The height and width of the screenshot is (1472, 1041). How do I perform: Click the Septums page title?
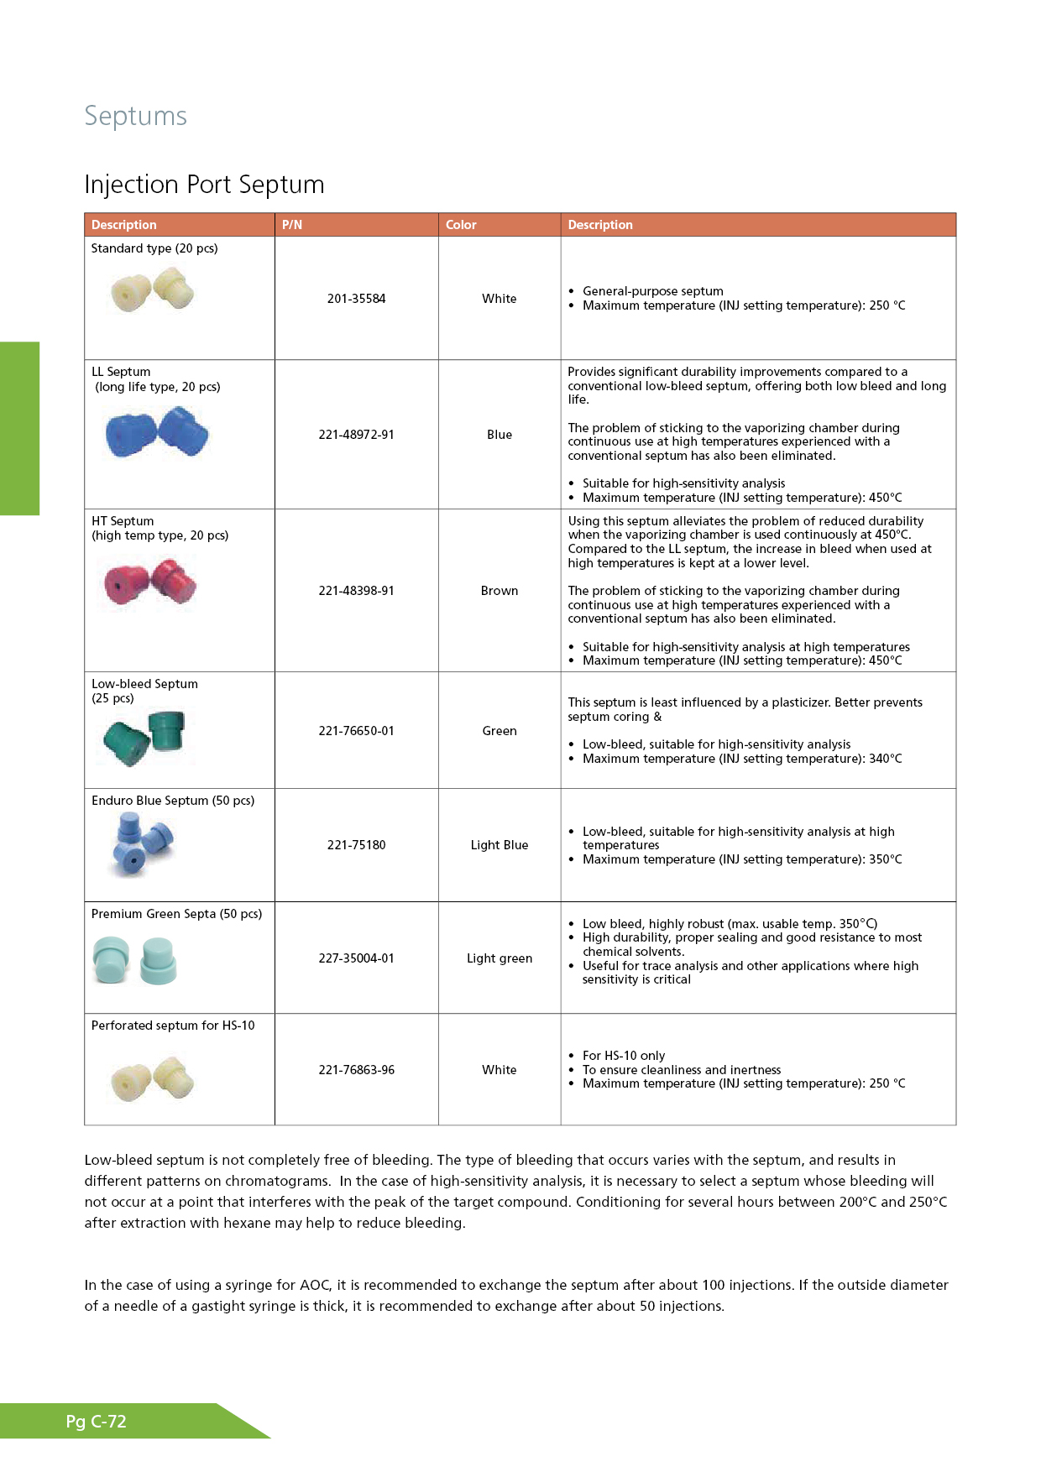135,116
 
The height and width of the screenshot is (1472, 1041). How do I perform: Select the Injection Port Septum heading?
204,185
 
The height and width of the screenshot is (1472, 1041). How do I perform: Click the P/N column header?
292,225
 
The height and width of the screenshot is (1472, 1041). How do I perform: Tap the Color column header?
461,225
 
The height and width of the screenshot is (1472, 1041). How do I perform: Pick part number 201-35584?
356,299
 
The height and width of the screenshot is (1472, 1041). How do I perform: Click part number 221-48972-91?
356,435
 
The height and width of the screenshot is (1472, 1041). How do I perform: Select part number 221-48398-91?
356,591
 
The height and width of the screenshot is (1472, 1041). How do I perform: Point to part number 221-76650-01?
356,731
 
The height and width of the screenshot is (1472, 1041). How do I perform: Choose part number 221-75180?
356,845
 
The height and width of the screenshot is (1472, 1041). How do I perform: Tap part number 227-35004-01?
356,958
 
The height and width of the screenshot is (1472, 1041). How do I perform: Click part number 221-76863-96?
356,1070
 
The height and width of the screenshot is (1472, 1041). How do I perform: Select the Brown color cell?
500,591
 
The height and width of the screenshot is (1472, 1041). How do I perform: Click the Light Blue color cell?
500,845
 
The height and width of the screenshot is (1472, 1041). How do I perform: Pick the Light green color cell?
500,958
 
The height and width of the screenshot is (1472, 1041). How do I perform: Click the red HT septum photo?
150,581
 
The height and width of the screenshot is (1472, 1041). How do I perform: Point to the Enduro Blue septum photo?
141,844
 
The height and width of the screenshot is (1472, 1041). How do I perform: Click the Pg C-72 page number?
97,1422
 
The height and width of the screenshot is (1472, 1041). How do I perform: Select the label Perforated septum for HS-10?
173,1026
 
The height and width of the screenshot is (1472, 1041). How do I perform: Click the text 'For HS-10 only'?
624,1056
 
